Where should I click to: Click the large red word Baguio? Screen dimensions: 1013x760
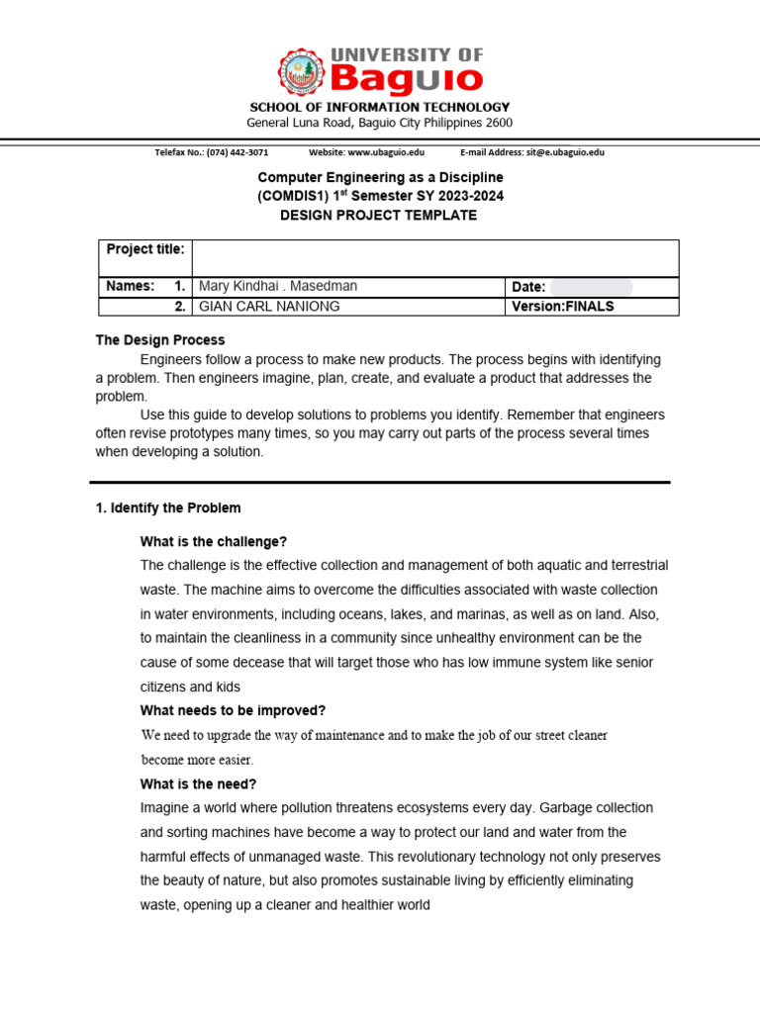pyautogui.click(x=406, y=77)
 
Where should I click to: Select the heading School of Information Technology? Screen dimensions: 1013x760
pyautogui.click(x=379, y=107)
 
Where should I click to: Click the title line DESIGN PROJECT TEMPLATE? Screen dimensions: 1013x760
pyautogui.click(x=380, y=215)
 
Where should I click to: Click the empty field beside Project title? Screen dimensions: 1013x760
pyautogui.click(x=435, y=257)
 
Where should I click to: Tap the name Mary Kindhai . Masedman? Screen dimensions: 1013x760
pyautogui.click(x=278, y=286)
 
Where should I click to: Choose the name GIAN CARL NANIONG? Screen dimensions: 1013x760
pyautogui.click(x=269, y=306)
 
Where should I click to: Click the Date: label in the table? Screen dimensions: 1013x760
pyautogui.click(x=528, y=287)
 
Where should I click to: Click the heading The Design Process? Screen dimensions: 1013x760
pyautogui.click(x=160, y=339)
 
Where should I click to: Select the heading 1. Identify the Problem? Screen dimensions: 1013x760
pyautogui.click(x=168, y=507)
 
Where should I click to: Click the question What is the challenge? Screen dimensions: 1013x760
pyautogui.click(x=214, y=541)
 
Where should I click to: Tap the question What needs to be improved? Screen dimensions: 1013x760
pyautogui.click(x=233, y=710)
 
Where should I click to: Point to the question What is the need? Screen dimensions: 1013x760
pyautogui.click(x=198, y=783)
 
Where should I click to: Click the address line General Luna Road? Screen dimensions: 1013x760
pyautogui.click(x=379, y=123)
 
